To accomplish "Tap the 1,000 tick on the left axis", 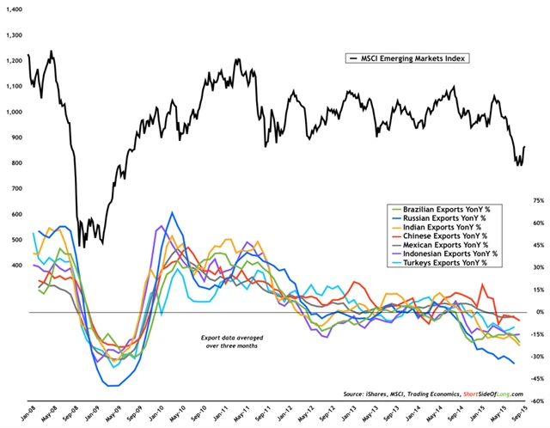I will point(14,112).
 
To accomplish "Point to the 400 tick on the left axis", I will point(16,266).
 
